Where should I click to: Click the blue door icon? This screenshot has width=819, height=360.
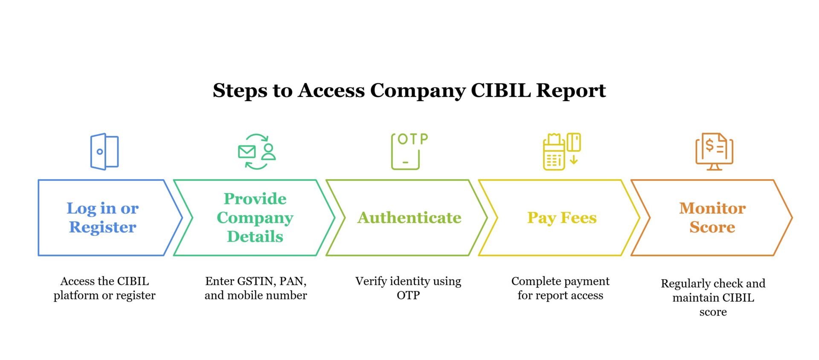(104, 152)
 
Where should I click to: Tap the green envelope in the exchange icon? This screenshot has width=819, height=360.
(247, 151)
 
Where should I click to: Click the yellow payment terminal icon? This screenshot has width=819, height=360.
(554, 153)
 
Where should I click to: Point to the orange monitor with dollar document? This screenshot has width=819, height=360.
(714, 152)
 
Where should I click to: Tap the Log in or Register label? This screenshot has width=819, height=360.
(102, 218)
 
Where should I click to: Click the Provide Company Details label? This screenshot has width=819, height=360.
(255, 218)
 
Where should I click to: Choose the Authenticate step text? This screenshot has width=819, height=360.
(409, 218)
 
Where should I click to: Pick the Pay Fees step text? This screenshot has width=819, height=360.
(561, 218)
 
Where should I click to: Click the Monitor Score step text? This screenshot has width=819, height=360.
(712, 218)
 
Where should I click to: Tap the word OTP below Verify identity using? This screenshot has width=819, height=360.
(408, 295)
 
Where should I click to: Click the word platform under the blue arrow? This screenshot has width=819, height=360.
(76, 296)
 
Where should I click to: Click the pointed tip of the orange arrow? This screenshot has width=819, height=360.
(791, 218)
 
